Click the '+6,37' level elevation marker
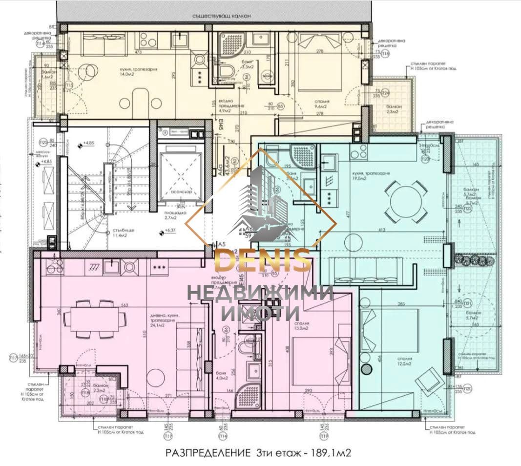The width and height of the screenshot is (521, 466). point(171,231)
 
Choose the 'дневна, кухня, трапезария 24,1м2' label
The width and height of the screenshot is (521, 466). point(165,320)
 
